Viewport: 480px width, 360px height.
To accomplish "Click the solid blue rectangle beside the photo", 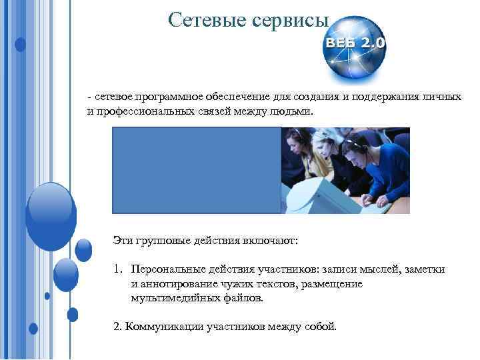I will coord(196,170).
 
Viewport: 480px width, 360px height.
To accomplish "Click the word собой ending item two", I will coord(322,327).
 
